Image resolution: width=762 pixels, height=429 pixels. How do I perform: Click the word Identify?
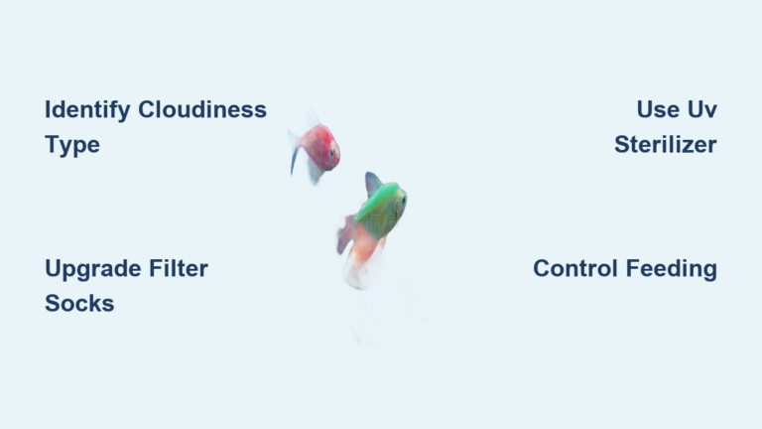tap(87, 109)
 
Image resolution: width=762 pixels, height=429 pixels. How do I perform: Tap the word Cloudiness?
tap(202, 109)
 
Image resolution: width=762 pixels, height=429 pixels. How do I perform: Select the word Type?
tap(72, 145)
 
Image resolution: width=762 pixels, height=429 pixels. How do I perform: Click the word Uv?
tap(703, 109)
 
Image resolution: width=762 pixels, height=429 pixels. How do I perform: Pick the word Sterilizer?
tap(665, 145)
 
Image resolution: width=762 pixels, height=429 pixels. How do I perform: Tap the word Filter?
tap(178, 268)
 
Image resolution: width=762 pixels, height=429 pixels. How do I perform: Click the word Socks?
tap(79, 304)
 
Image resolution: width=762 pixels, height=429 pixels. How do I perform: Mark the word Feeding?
tap(671, 268)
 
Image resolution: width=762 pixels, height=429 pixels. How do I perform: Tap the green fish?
tap(379, 210)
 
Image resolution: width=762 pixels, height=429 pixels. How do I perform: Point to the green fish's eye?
tap(399, 197)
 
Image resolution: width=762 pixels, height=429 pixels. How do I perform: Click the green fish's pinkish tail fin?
tap(346, 235)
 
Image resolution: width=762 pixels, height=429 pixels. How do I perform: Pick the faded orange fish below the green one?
tap(361, 261)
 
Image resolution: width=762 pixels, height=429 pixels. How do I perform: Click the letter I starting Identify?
tap(49, 109)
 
